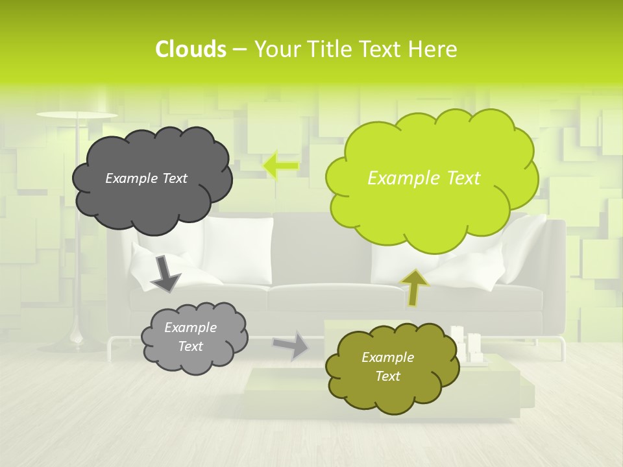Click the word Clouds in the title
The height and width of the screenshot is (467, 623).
pos(190,49)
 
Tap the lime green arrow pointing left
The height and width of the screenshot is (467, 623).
pos(280,165)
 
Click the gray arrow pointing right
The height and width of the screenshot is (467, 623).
pos(291,345)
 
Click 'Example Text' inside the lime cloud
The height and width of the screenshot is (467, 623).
pos(424,178)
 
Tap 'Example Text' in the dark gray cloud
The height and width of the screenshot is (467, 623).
pos(146,178)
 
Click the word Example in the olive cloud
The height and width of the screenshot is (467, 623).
pos(387,357)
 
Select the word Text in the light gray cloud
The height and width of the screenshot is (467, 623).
pos(191,346)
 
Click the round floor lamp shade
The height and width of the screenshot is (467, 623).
pos(77,115)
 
